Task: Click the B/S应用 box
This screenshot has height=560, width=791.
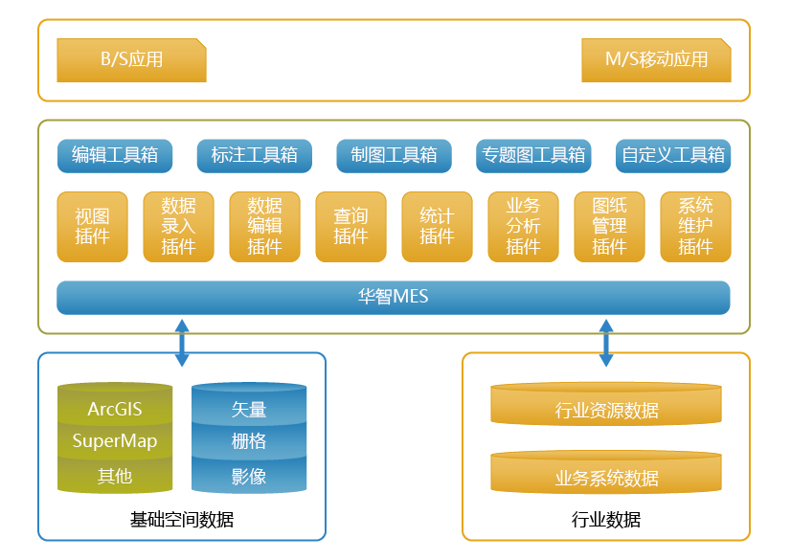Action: click(131, 59)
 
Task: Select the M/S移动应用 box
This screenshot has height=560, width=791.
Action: click(656, 59)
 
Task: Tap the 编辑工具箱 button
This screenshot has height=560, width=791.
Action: click(115, 155)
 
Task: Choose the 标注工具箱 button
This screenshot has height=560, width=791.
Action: click(254, 155)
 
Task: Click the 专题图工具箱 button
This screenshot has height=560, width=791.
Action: click(533, 155)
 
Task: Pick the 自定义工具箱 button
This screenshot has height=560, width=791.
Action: click(672, 155)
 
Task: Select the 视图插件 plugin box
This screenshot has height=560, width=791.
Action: click(92, 227)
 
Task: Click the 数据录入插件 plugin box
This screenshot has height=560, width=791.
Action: click(178, 227)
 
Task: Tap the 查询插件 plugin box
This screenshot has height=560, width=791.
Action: click(350, 227)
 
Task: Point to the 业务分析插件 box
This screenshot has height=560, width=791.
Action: click(523, 227)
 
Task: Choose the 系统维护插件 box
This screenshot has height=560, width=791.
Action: click(695, 227)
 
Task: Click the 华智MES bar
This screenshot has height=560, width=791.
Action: click(393, 298)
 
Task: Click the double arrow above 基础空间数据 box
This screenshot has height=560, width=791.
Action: click(182, 343)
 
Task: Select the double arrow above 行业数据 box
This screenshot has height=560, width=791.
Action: click(606, 343)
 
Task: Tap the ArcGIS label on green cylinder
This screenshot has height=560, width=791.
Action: click(115, 410)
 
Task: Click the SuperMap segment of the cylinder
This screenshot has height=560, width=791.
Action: click(115, 441)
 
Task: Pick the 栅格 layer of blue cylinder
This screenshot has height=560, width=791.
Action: click(249, 441)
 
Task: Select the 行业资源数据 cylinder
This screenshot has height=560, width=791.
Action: click(606, 409)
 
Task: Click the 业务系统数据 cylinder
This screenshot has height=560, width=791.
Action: click(606, 476)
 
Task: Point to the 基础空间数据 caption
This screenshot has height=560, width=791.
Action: click(182, 520)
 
